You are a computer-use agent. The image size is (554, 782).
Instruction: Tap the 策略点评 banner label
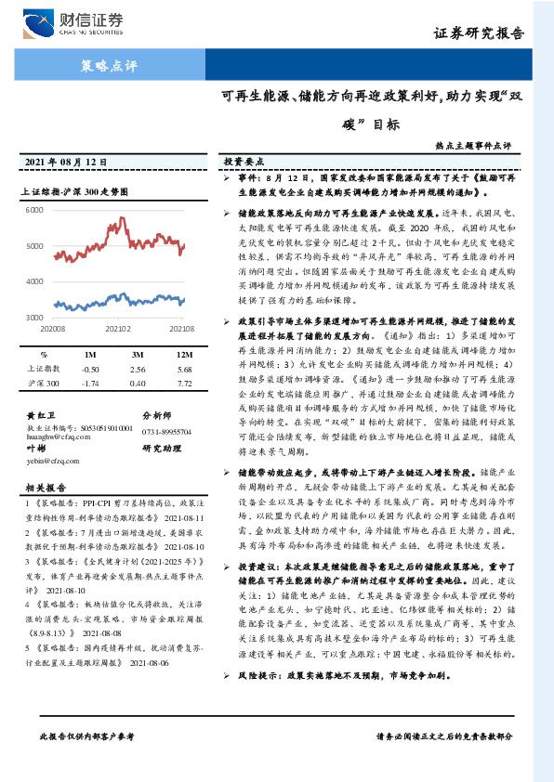coord(104,66)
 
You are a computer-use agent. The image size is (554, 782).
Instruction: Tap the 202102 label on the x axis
coord(118,329)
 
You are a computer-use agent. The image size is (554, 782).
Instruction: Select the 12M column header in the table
coord(183,356)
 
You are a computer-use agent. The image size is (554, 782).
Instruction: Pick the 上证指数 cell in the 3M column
coord(138,369)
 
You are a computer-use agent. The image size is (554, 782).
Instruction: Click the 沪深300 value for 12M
coord(183,383)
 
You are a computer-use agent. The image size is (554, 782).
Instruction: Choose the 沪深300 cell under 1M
coord(91,383)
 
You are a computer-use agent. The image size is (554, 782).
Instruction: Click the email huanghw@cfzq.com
coord(58,433)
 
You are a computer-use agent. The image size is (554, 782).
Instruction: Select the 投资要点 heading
coord(245,162)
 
